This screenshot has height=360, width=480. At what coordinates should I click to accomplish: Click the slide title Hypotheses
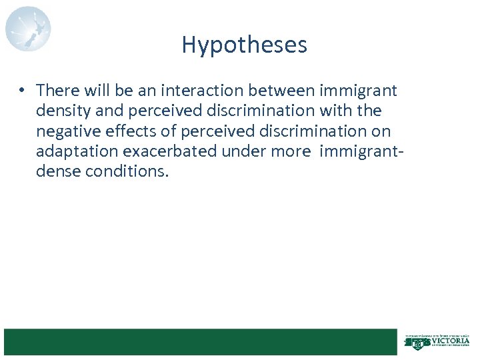pyautogui.click(x=244, y=45)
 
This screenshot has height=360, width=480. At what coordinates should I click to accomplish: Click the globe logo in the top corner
pyautogui.click(x=28, y=29)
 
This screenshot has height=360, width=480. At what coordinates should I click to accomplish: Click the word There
pyautogui.click(x=57, y=90)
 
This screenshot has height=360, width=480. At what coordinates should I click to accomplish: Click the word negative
pyautogui.click(x=65, y=131)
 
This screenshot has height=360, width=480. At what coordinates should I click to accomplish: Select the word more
pyautogui.click(x=291, y=151)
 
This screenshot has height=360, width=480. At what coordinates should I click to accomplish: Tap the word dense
pyautogui.click(x=57, y=171)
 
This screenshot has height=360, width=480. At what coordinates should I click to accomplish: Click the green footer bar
pyautogui.click(x=200, y=341)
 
